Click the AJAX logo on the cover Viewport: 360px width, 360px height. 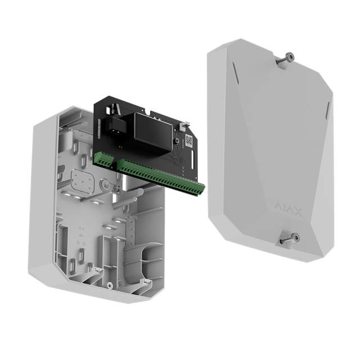[288, 212]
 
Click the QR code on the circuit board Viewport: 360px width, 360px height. [189, 141]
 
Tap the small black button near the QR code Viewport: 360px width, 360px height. [177, 139]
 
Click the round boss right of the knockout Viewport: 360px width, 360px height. [105, 184]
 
